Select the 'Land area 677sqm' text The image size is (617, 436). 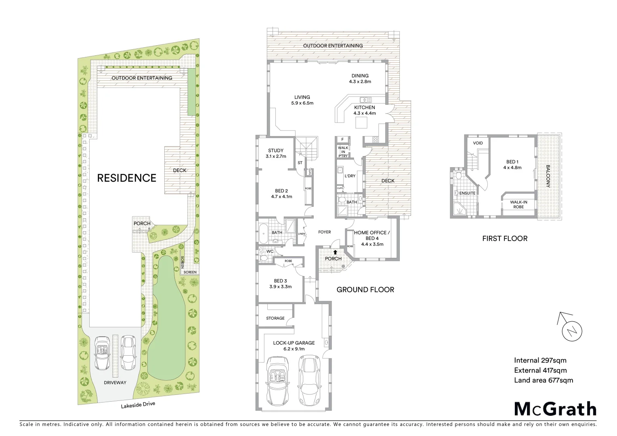[x=543, y=380]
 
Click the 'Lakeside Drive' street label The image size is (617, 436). [x=138, y=405]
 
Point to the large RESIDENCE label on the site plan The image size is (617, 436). [x=126, y=178]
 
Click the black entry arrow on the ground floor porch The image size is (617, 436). [x=334, y=252]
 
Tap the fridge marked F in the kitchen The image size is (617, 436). [x=342, y=140]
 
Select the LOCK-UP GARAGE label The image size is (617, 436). [x=294, y=343]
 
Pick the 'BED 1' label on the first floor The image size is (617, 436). [x=512, y=162]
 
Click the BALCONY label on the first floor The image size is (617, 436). [x=548, y=176]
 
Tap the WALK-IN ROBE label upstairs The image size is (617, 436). [x=518, y=204]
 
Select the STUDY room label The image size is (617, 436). [x=276, y=151]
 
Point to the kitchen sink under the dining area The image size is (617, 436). [x=366, y=99]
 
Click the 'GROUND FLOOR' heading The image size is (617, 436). [x=365, y=289]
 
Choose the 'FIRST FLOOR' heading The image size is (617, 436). [x=505, y=239]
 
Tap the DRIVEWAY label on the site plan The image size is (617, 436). [x=115, y=382]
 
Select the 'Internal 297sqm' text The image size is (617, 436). [x=540, y=361]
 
